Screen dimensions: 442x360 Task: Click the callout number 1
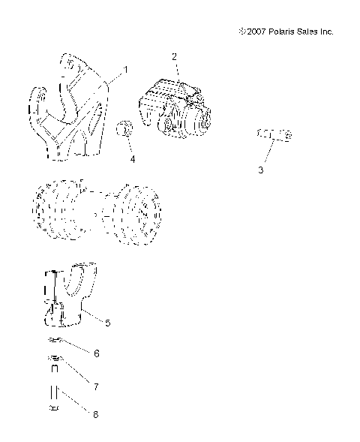[125, 69]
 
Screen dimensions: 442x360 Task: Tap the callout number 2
[174, 56]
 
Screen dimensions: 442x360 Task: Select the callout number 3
[261, 170]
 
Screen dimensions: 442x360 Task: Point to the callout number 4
[132, 159]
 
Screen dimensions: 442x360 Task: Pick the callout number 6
[96, 352]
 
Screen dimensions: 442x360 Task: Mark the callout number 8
[96, 413]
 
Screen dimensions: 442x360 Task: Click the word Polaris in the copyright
[279, 32]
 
